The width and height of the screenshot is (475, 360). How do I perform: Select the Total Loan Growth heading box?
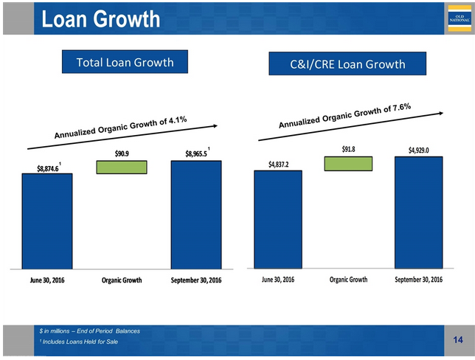pyautogui.click(x=125, y=62)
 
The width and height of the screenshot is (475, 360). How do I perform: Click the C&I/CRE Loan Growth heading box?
pyautogui.click(x=347, y=64)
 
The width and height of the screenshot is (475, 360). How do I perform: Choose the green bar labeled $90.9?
pyautogui.click(x=121, y=167)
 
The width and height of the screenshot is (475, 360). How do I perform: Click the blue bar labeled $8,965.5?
pyautogui.click(x=195, y=214)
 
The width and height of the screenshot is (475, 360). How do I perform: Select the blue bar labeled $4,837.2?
pyautogui.click(x=278, y=218)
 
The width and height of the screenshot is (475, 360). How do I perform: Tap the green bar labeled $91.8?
pyautogui.click(x=348, y=163)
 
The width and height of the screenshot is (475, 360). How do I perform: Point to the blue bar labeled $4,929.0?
pyautogui.click(x=418, y=212)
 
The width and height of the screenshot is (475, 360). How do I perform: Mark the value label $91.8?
pyautogui.click(x=348, y=150)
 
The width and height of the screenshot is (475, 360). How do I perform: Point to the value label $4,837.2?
pyautogui.click(x=277, y=164)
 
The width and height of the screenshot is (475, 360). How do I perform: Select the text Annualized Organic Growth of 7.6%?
pyautogui.click(x=344, y=116)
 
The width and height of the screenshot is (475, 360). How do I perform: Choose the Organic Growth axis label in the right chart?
pyautogui.click(x=348, y=280)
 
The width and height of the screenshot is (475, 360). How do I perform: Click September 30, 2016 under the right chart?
pyautogui.click(x=418, y=280)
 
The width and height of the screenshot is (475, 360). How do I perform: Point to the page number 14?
pyautogui.click(x=458, y=339)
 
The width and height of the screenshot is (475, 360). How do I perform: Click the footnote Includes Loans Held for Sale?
pyautogui.click(x=80, y=342)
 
